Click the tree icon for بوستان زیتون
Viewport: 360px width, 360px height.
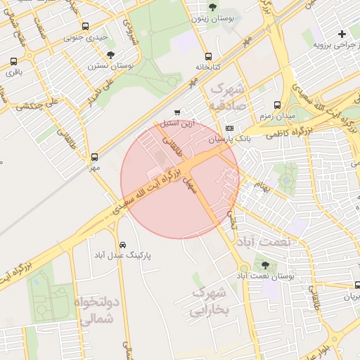point(213,7)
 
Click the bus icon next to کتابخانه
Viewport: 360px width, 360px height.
point(207,57)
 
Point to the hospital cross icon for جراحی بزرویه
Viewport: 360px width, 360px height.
point(342,34)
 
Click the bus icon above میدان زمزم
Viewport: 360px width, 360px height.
point(277,103)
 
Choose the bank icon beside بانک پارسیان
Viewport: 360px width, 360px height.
point(230,128)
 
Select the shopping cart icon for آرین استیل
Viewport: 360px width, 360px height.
point(176,112)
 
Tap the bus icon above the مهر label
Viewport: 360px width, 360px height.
point(95,157)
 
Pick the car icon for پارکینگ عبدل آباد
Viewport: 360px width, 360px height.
point(124,245)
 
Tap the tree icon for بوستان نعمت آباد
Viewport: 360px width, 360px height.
point(264,265)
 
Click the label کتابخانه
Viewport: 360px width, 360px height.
point(208,68)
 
